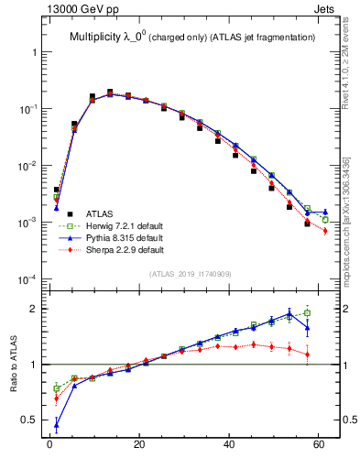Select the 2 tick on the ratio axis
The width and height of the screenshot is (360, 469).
pyautogui.click(x=34, y=309)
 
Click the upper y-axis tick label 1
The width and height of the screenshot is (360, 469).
pyautogui.click(x=34, y=52)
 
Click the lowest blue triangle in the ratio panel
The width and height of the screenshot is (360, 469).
pyautogui.click(x=57, y=424)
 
